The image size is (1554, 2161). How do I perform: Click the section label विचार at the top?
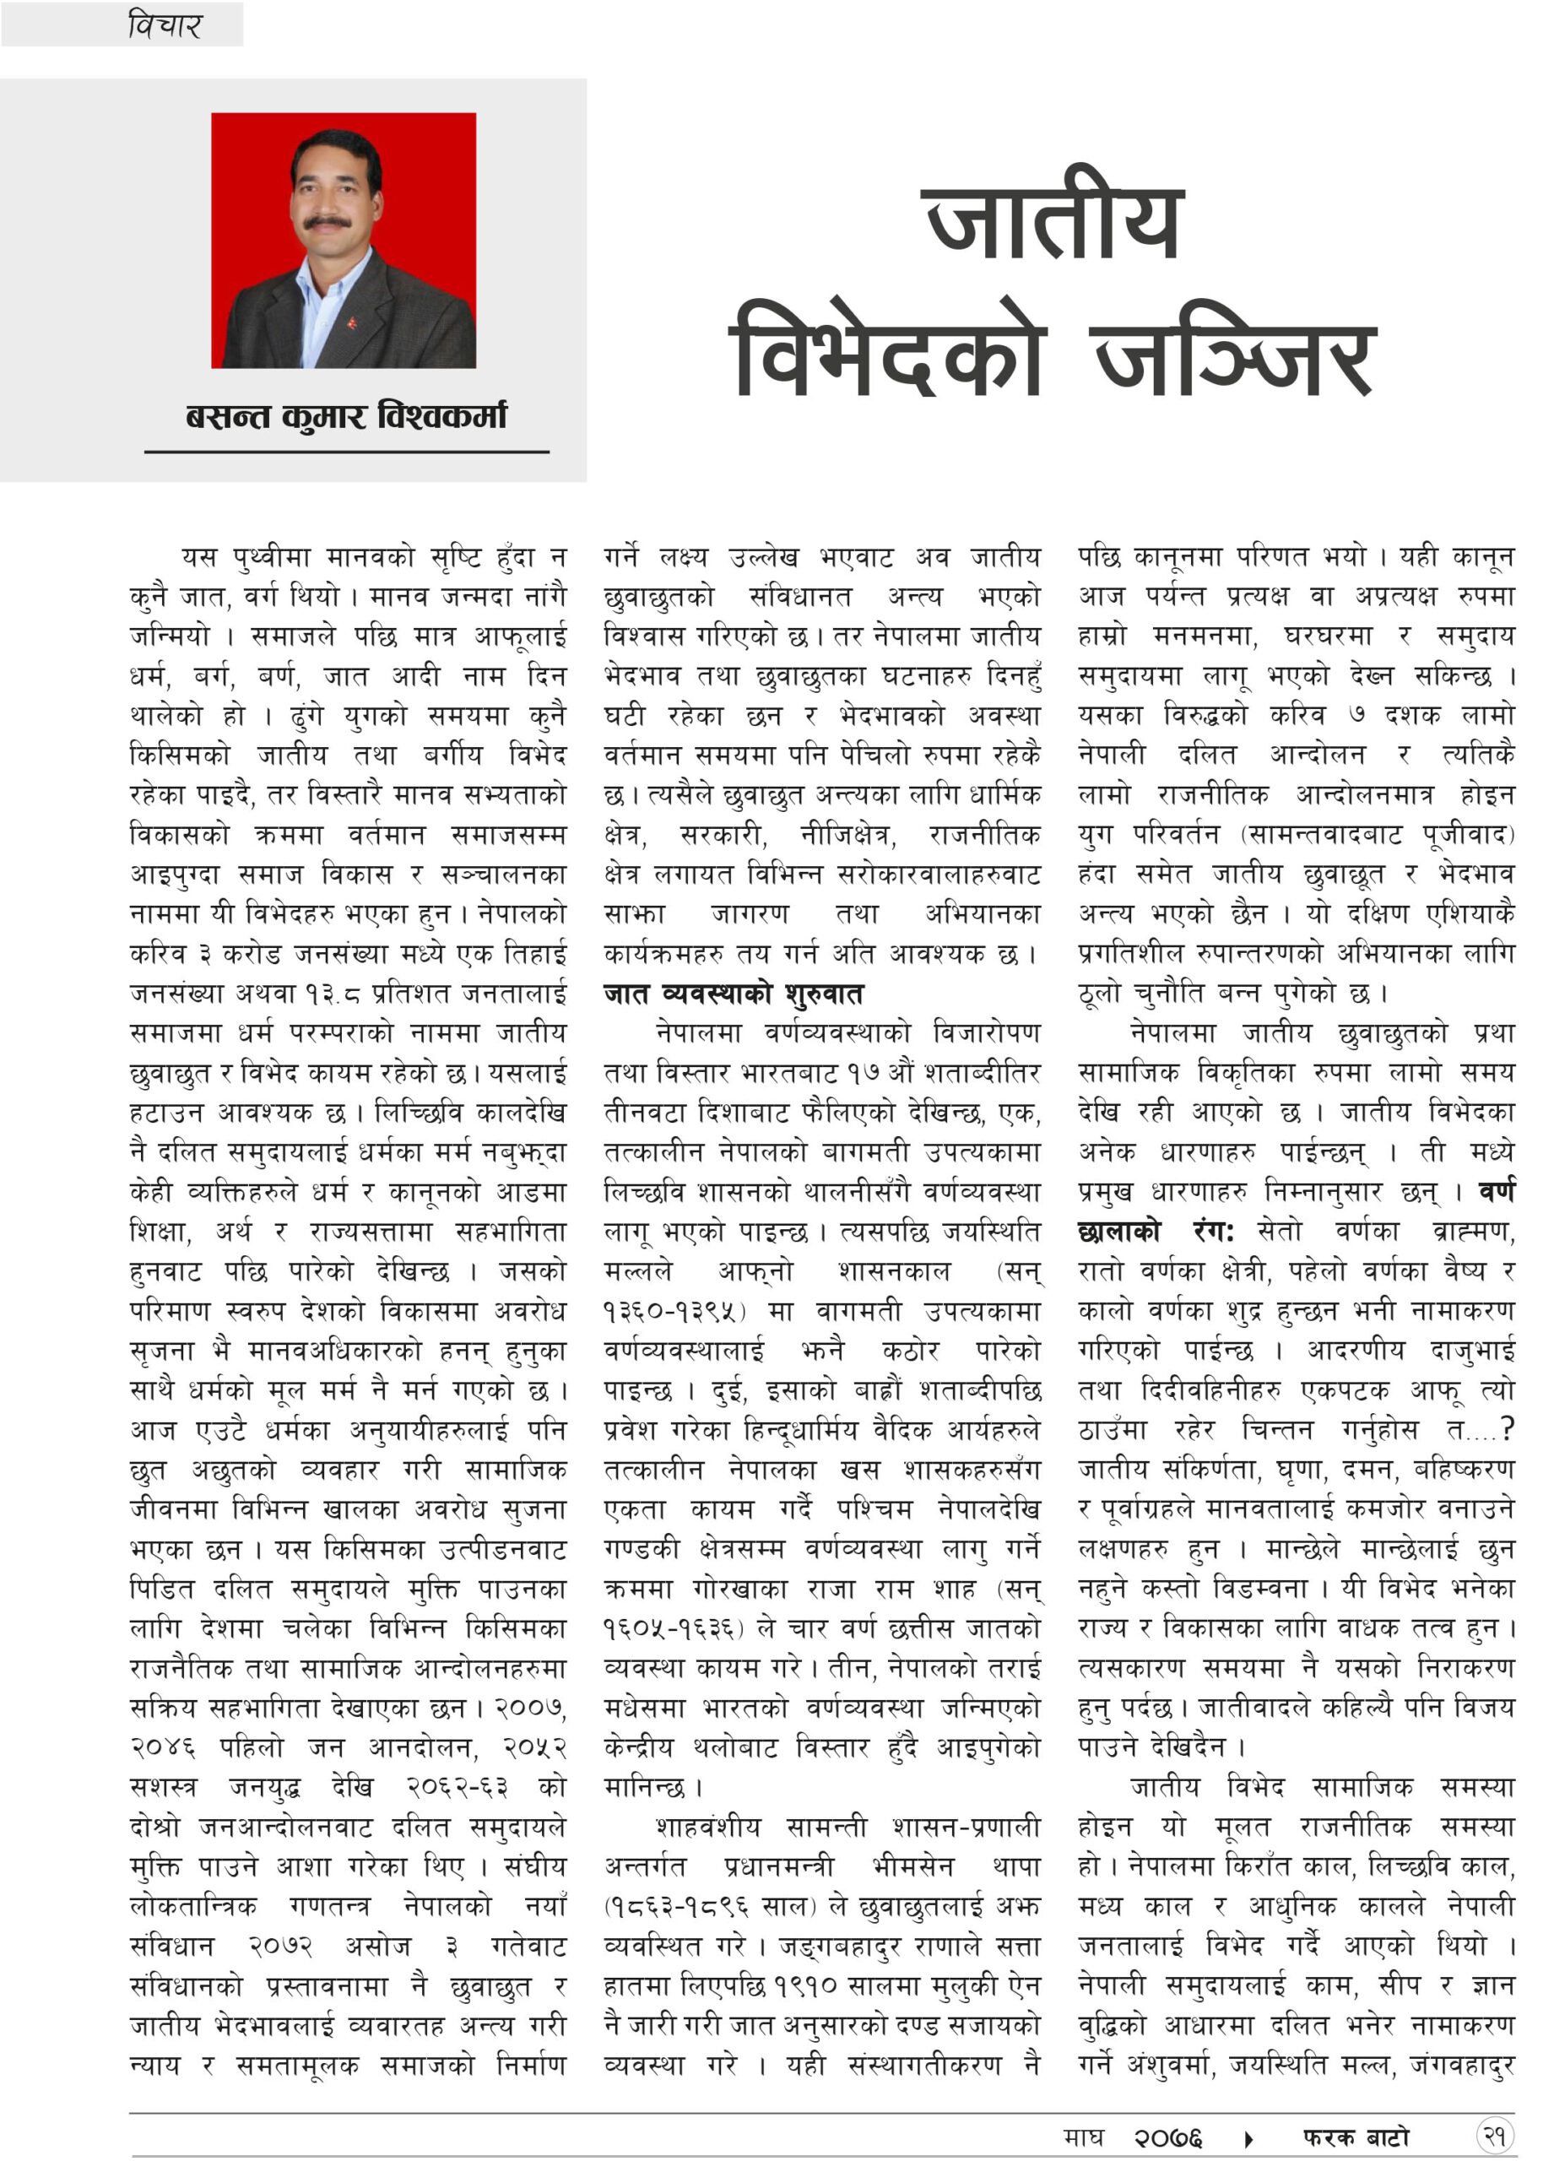[164, 24]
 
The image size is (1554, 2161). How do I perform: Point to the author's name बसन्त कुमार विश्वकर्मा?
[346, 416]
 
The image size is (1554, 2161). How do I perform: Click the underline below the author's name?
[346, 452]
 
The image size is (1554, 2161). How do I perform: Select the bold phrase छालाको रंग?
[1156, 1232]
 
